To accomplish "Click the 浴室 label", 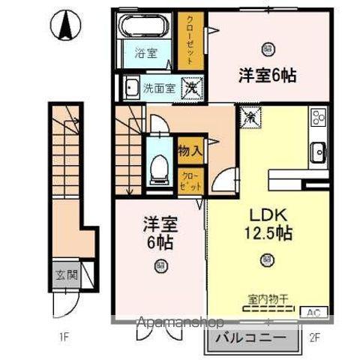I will pyautogui.click(x=145, y=53).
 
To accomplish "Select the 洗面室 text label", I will pyautogui.click(x=160, y=87).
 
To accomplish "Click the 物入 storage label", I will pyautogui.click(x=189, y=150).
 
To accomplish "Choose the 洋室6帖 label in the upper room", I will pyautogui.click(x=267, y=75).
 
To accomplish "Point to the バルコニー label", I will pyautogui.click(x=250, y=339).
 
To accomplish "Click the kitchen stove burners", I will pyautogui.click(x=319, y=118).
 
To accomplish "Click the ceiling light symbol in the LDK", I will pyautogui.click(x=267, y=260).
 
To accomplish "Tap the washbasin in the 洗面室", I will pyautogui.click(x=133, y=87).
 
